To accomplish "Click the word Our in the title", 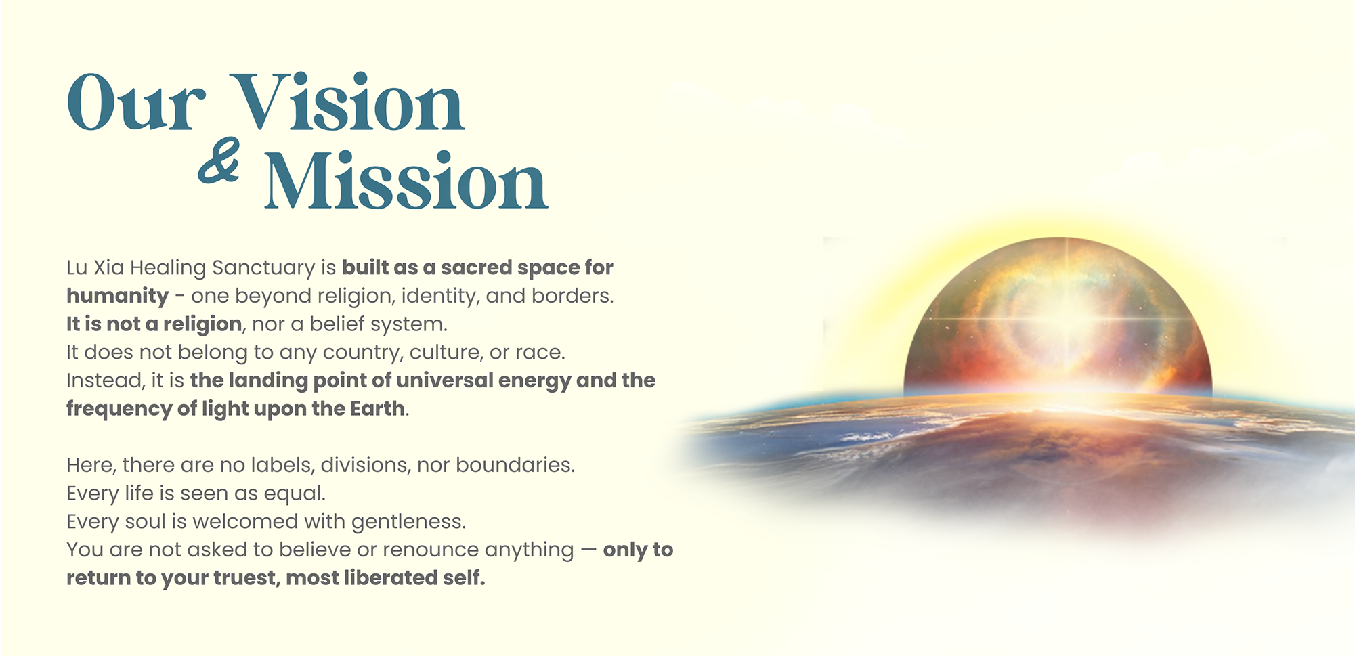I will (x=135, y=103).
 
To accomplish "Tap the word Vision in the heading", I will (x=347, y=103).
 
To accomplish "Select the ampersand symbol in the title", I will (x=219, y=161).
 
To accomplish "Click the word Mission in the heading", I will (x=405, y=181).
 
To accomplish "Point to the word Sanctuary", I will (x=263, y=268).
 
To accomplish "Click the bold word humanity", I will (x=117, y=297).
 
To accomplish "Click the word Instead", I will (x=105, y=380).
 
